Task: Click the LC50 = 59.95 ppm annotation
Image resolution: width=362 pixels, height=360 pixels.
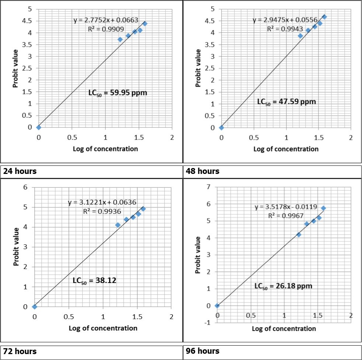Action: click(118, 93)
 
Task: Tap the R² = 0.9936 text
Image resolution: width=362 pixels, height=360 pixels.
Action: click(101, 212)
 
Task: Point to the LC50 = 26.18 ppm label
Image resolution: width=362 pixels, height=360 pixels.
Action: click(283, 286)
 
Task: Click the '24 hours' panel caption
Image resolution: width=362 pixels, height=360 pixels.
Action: click(20, 171)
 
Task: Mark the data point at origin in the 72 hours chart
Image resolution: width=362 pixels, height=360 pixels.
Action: click(35, 307)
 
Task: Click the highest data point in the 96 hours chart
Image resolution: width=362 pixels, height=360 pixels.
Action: click(323, 208)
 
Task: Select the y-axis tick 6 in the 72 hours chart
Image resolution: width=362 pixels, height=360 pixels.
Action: click(25, 187)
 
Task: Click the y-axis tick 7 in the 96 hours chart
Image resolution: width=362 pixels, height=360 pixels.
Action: click(208, 187)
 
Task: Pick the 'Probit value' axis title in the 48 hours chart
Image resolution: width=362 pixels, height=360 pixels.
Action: click(198, 69)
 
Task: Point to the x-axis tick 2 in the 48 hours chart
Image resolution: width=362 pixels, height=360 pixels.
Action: click(351, 138)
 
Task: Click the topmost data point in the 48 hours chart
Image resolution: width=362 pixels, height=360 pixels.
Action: click(324, 17)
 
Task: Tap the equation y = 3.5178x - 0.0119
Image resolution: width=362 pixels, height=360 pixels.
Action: click(286, 207)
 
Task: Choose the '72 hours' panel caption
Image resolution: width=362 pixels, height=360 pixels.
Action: click(20, 351)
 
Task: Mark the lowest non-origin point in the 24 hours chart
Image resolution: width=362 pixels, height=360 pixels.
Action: click(120, 39)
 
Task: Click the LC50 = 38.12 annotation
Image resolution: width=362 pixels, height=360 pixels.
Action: click(94, 281)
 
